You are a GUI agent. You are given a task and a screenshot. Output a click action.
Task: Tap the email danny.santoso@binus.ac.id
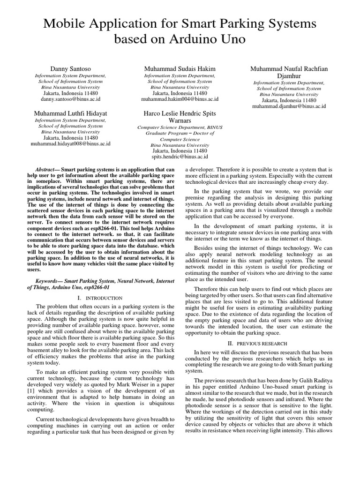pos(70,99)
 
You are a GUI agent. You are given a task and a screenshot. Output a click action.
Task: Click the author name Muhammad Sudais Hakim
pos(180,69)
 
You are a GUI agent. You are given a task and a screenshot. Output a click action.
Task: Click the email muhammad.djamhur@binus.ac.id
pos(289,106)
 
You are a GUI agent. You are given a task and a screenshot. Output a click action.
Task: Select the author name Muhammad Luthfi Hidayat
pos(70,113)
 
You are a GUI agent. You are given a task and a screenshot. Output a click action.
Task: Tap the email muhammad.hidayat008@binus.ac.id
pos(70,144)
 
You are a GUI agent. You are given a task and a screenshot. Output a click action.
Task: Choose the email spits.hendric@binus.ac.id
pos(180,157)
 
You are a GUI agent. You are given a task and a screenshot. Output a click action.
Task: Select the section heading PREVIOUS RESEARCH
pos(260,343)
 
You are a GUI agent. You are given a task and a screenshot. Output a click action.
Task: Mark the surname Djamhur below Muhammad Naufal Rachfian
pos(289,76)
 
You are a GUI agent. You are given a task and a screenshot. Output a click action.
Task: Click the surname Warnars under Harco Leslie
pos(180,120)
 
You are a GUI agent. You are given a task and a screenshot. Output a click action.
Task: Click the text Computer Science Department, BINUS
pos(180,127)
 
